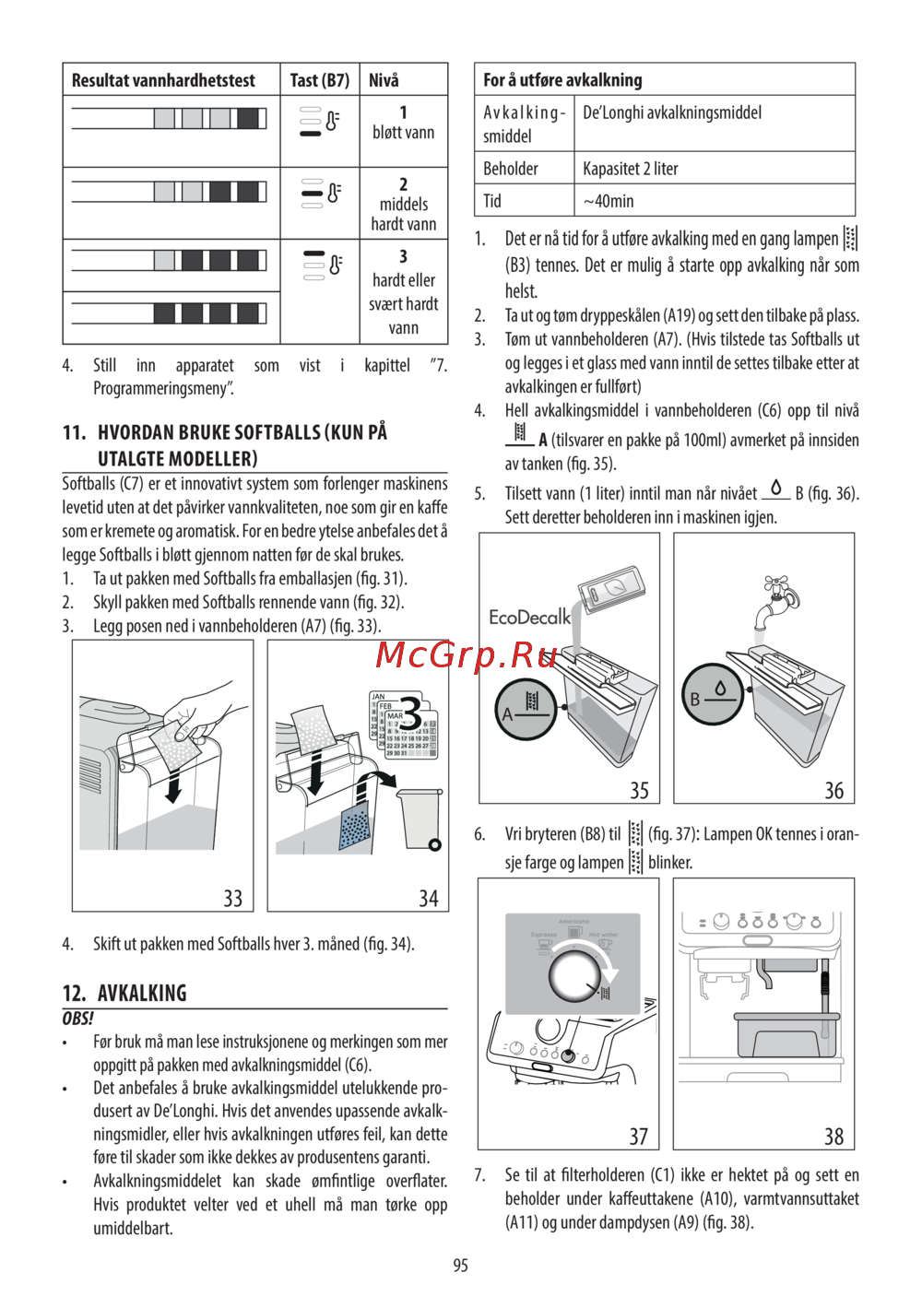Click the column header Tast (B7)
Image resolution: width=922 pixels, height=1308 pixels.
[x=319, y=80]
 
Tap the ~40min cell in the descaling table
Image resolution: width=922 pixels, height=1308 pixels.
[x=609, y=201]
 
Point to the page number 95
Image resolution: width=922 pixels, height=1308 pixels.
[x=460, y=1266]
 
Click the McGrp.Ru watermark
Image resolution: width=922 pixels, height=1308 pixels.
[x=467, y=655]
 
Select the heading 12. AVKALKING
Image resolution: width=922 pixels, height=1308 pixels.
[x=124, y=993]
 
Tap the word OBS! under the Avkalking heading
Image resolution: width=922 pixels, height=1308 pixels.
[x=77, y=1019]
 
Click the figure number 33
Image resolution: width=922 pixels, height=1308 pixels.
[x=233, y=898]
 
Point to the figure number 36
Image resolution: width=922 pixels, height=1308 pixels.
[x=833, y=790]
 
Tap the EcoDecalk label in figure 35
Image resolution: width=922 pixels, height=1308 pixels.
[x=529, y=618]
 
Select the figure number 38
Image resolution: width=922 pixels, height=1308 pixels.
[x=833, y=1136]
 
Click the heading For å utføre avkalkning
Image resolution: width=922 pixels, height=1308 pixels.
[x=562, y=80]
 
